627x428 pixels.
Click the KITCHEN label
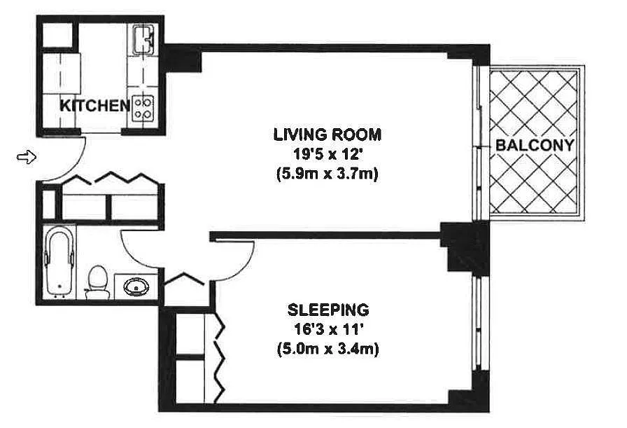[94, 106]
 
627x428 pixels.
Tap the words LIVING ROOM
[327, 134]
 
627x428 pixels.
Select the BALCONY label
[535, 145]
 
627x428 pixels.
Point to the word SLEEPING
[328, 310]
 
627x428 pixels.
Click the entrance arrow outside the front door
[27, 156]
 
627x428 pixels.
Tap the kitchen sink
[143, 39]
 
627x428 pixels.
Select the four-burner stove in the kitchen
[143, 109]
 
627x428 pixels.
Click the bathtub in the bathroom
[60, 262]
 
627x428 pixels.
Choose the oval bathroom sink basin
[136, 287]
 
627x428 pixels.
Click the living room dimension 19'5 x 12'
[327, 155]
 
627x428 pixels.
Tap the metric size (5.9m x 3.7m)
[327, 174]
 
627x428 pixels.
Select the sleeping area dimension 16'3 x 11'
[328, 329]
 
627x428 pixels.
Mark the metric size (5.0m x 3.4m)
[328, 349]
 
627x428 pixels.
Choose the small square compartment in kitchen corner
[57, 34]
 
